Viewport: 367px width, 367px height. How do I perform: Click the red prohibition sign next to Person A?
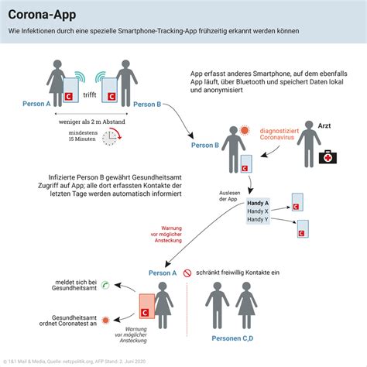point(187,273)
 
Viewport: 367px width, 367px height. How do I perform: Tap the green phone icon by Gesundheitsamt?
point(105,285)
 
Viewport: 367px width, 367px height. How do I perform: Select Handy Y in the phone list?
point(257,219)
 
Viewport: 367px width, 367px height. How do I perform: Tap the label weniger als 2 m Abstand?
point(91,121)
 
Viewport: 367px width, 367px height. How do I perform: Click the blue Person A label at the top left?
point(36,104)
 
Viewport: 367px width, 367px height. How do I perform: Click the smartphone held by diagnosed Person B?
point(246,164)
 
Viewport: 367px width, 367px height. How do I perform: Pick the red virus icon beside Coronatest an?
point(105,317)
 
